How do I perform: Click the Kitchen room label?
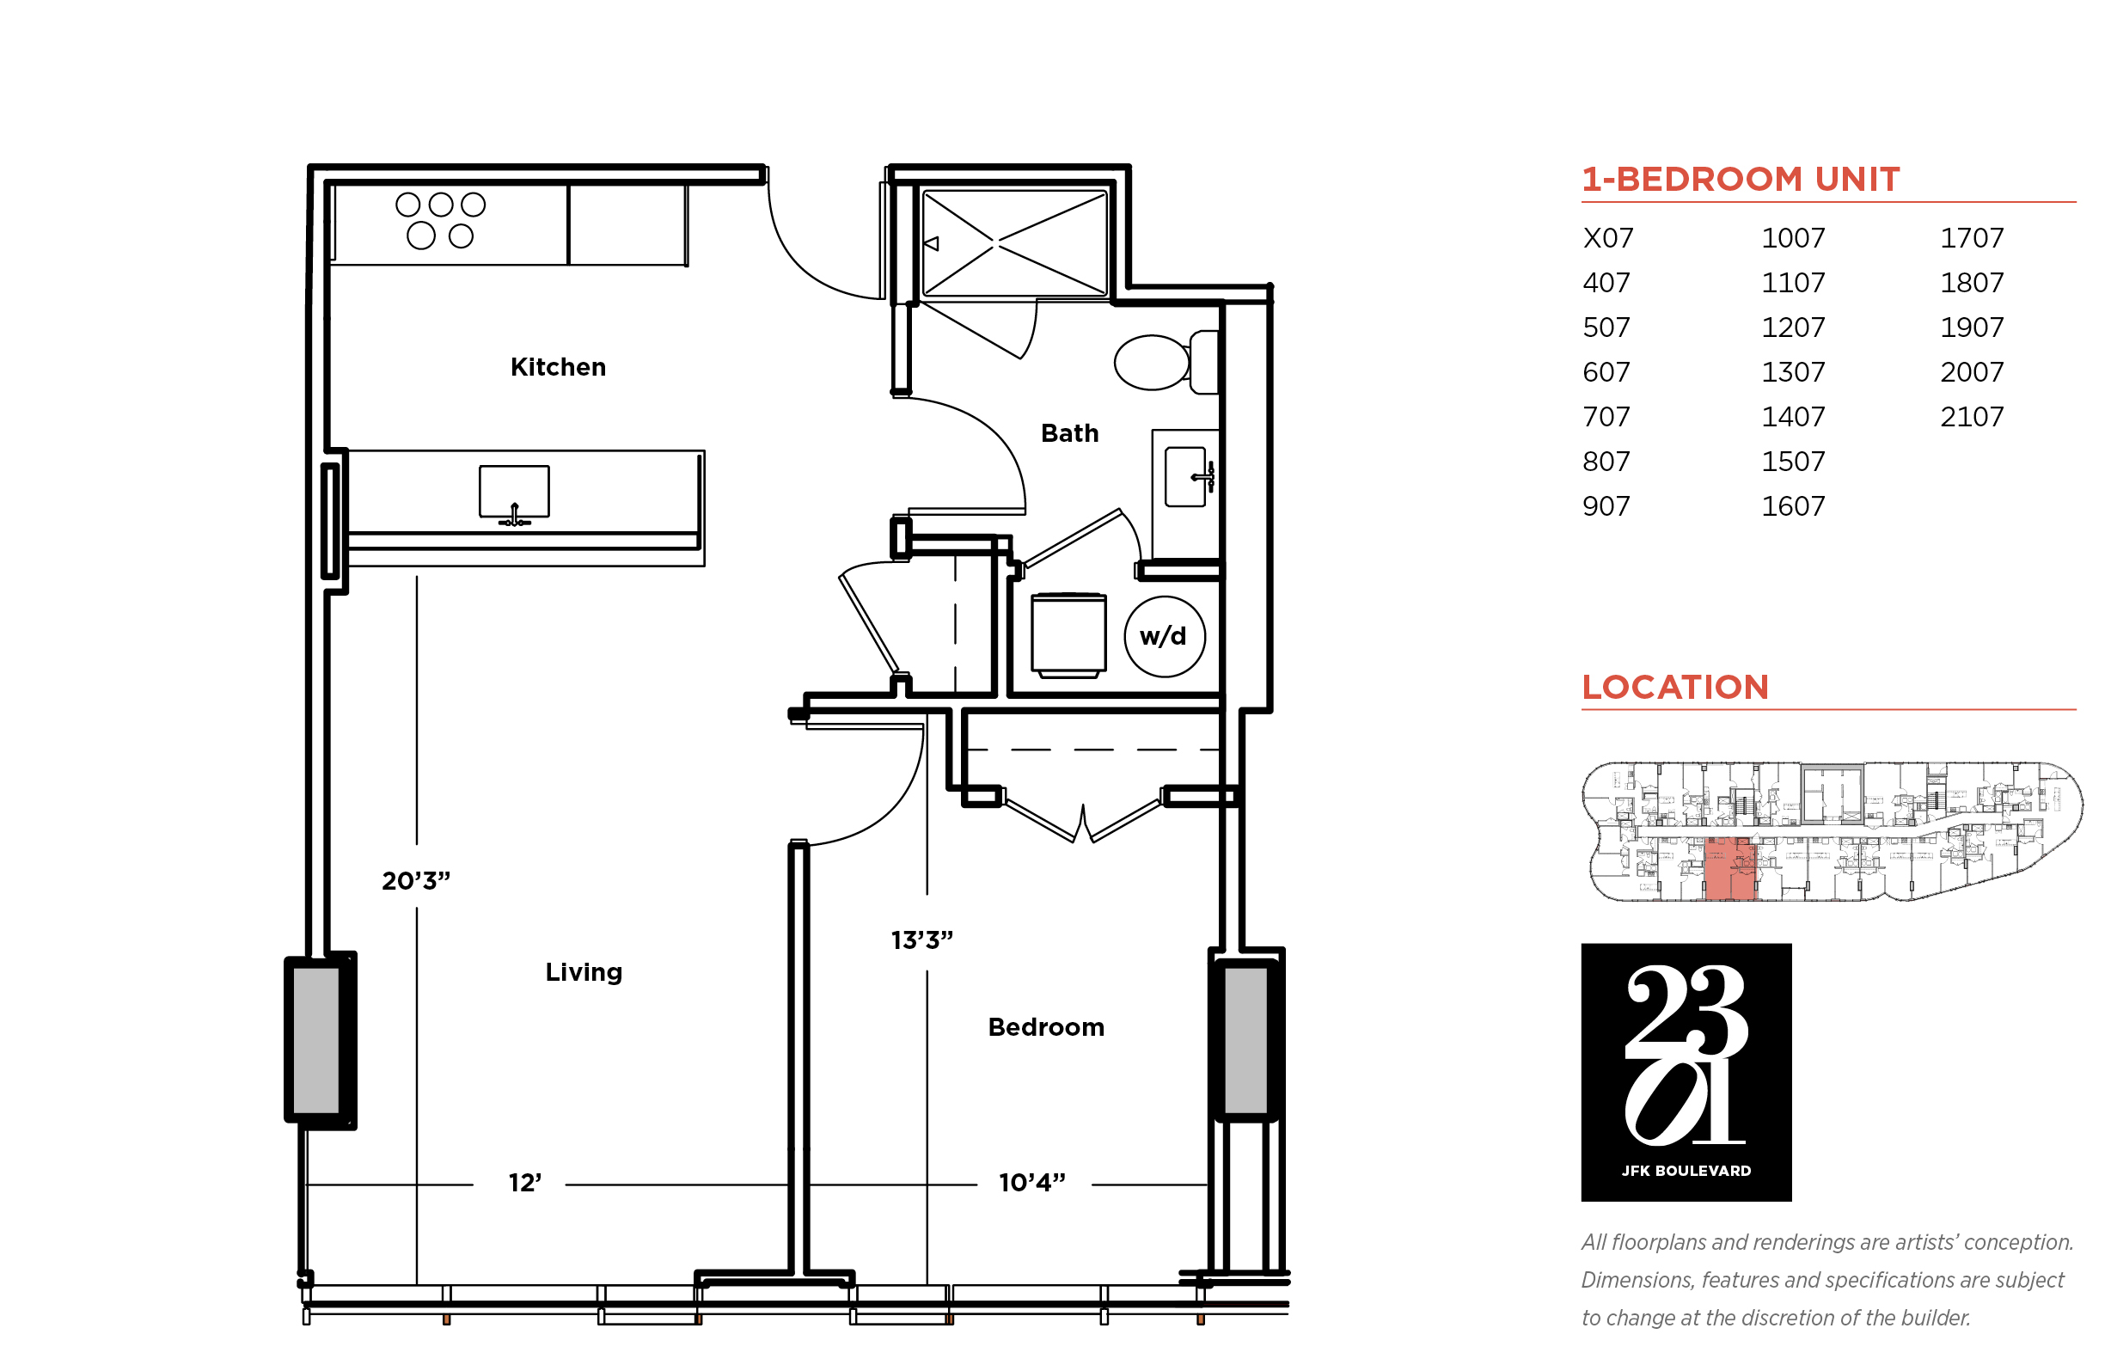558,367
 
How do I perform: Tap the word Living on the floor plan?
583,972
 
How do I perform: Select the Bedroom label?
1046,1027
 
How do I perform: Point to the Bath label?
1068,433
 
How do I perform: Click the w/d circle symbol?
1164,636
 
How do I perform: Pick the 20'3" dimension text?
416,881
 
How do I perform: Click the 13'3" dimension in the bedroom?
921,940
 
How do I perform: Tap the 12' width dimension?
524,1183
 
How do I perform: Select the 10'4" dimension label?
1031,1183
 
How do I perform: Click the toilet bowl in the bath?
1151,363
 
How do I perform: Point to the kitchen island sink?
514,492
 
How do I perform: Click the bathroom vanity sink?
1185,477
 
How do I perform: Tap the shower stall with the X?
1014,242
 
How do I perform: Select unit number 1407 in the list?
1792,417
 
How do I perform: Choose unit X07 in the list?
1607,237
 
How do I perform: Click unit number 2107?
1971,417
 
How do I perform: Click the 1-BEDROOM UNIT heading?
1741,179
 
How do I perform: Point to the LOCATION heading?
1675,687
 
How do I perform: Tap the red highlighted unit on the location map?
1729,870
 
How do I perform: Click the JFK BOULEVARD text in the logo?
1686,1171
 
